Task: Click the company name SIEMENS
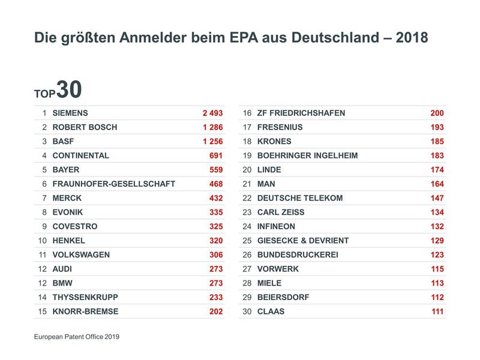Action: [x=70, y=113]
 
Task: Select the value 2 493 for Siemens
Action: [x=212, y=113]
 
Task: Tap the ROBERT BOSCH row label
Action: [x=85, y=127]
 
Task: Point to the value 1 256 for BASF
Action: [x=212, y=142]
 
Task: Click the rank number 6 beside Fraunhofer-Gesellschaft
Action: [x=44, y=184]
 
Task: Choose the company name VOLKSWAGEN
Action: [x=81, y=254]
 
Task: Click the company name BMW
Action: [x=62, y=283]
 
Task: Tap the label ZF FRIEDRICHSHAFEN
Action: [x=301, y=113]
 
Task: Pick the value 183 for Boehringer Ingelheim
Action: [x=437, y=155]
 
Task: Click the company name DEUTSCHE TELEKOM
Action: [x=299, y=198]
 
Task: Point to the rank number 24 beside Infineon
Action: [x=247, y=226]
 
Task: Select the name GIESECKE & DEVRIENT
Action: [x=302, y=241]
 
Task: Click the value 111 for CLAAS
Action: [x=437, y=311]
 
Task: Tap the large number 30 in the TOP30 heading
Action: [x=69, y=90]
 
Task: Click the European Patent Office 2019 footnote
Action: [x=77, y=337]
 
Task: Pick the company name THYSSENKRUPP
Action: [x=85, y=297]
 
